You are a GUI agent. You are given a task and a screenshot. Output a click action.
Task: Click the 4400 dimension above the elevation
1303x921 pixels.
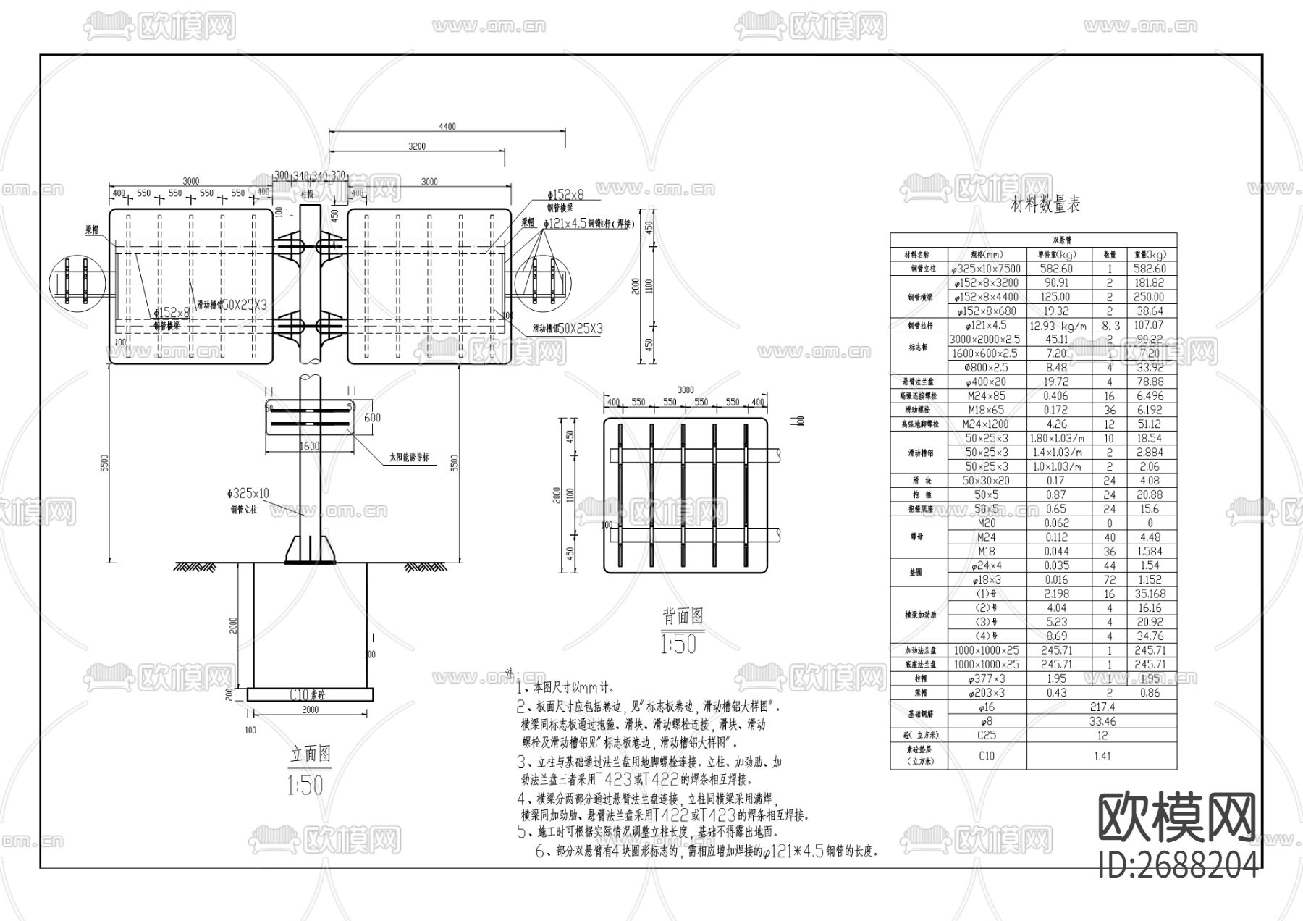click(x=447, y=127)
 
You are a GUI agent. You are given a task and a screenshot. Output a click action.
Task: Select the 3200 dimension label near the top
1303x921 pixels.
click(x=417, y=146)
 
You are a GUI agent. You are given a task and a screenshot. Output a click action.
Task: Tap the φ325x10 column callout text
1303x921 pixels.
click(x=248, y=494)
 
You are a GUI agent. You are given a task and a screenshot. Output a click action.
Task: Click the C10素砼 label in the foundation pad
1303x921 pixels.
click(x=308, y=694)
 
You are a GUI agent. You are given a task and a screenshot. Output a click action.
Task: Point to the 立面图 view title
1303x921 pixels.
click(x=311, y=755)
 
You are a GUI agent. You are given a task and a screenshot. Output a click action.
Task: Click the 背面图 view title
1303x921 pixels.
click(x=683, y=616)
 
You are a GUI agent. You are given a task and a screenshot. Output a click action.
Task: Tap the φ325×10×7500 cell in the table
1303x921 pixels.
click(x=986, y=269)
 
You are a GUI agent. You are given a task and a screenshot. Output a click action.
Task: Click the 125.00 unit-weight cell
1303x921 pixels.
click(x=1055, y=297)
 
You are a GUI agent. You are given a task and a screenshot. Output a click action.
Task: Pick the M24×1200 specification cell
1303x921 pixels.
click(x=986, y=424)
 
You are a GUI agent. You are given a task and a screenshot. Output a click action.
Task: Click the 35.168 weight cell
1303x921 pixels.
click(x=1150, y=594)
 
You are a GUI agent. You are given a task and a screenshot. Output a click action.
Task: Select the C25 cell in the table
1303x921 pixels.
click(x=986, y=736)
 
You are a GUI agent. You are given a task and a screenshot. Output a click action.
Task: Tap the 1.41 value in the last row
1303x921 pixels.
click(x=1102, y=756)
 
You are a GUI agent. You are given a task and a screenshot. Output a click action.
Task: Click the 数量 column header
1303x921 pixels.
click(x=1109, y=255)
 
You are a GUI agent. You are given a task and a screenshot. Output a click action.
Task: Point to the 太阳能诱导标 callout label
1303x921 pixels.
click(x=409, y=458)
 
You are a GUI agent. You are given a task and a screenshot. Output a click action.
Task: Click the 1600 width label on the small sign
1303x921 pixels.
click(x=310, y=447)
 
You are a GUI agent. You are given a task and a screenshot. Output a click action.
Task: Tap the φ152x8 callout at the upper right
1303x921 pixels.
click(x=565, y=195)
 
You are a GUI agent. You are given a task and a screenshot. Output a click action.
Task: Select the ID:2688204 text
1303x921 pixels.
click(x=1177, y=865)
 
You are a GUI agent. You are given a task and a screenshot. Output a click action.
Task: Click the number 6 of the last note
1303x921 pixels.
click(x=539, y=852)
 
